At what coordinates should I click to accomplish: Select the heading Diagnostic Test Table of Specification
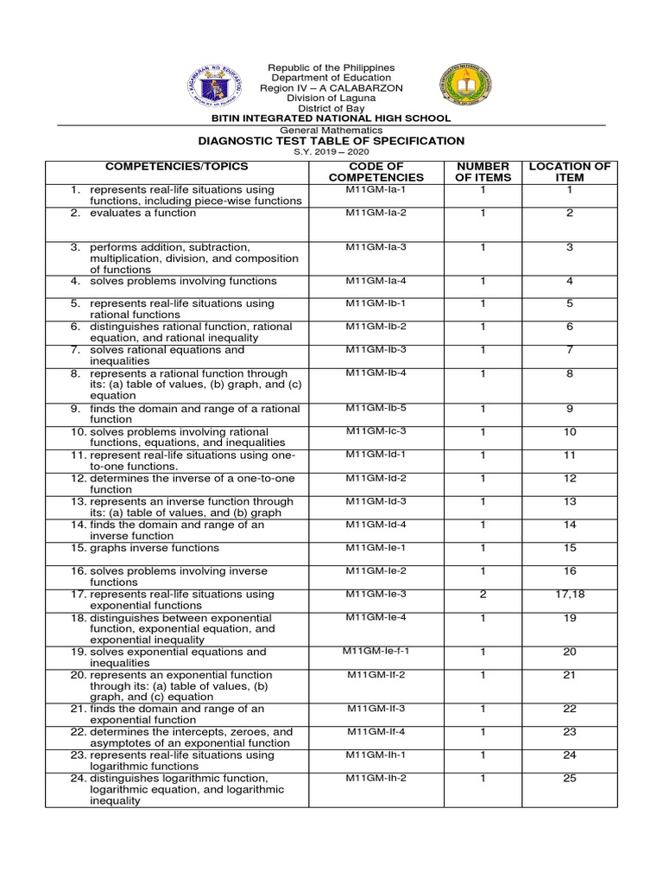(331, 141)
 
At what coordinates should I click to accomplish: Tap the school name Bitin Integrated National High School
(331, 118)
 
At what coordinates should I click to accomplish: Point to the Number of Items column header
(483, 171)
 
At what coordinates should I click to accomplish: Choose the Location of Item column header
(569, 171)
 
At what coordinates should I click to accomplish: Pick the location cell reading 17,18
(569, 594)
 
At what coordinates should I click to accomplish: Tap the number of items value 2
(483, 594)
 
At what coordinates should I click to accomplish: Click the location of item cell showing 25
(569, 778)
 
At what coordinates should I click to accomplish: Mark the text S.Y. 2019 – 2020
(331, 152)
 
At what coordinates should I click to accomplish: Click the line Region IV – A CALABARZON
(331, 88)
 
